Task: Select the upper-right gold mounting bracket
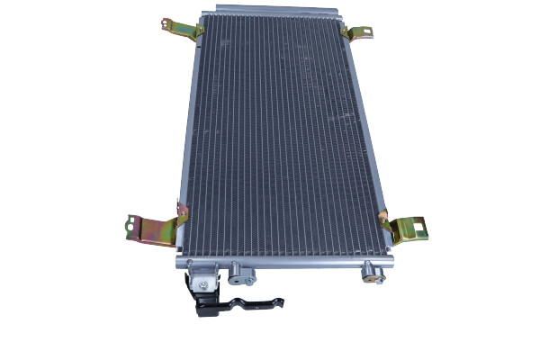[356, 32]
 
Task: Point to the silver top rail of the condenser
[270, 15]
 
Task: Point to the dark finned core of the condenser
[279, 135]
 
